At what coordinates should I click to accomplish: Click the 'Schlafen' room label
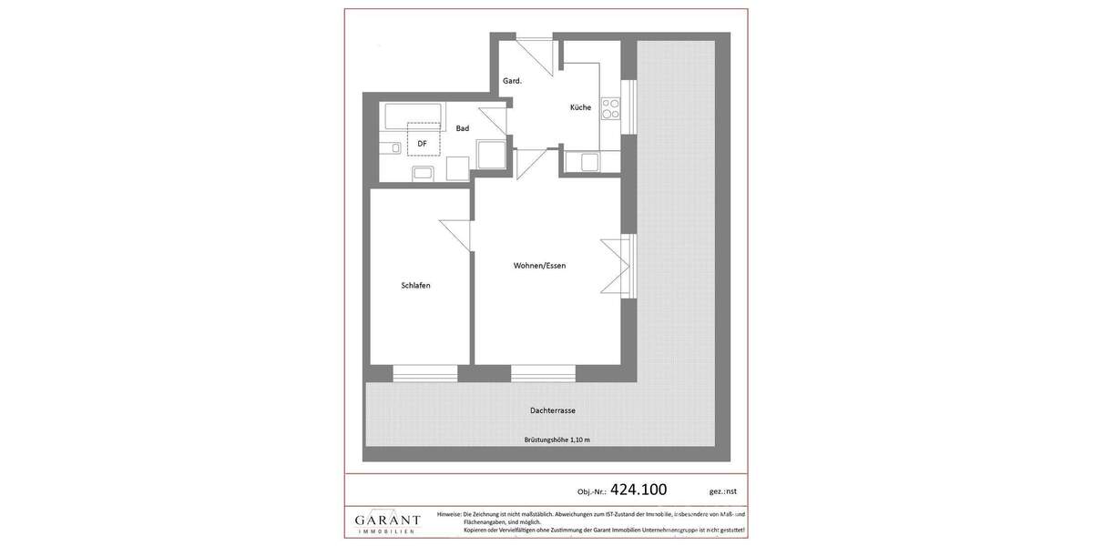[415, 286]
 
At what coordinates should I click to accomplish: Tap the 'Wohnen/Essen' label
[539, 266]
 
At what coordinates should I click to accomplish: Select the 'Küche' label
[580, 107]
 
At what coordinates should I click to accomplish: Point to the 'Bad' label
[463, 128]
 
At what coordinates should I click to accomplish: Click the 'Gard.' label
[512, 81]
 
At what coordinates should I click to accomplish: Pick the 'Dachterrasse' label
[552, 410]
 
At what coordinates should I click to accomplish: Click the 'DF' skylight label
[423, 143]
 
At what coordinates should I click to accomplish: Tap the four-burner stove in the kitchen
[610, 109]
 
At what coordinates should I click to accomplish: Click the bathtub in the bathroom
[413, 116]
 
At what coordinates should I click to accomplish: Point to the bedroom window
[425, 373]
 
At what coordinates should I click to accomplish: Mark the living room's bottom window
[543, 373]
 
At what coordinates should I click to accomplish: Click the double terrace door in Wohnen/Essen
[627, 266]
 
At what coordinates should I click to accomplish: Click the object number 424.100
[638, 490]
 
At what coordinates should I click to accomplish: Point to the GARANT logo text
[387, 521]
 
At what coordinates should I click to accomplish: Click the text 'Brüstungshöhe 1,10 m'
[557, 440]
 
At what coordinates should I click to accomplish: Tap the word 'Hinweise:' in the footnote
[449, 514]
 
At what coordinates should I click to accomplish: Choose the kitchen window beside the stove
[628, 107]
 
